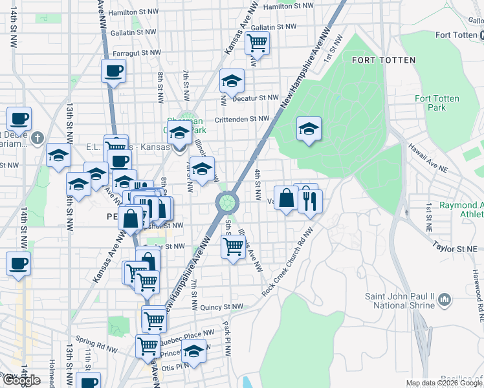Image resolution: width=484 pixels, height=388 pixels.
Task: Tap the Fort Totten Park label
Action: [437, 103]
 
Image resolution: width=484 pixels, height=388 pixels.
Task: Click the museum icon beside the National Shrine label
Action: [445, 300]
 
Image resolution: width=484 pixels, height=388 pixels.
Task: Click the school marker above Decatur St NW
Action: [232, 81]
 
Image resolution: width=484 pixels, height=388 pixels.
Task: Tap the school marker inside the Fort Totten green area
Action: [309, 128]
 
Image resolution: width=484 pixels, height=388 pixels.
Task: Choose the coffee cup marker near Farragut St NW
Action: [113, 70]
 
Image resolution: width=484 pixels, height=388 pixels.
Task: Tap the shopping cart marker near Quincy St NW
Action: [154, 319]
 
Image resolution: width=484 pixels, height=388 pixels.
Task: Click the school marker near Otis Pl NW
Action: [193, 351]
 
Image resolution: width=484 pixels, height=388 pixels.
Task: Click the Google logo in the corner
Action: [22, 381]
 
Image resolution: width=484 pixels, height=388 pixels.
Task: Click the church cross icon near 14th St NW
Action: [38, 138]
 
